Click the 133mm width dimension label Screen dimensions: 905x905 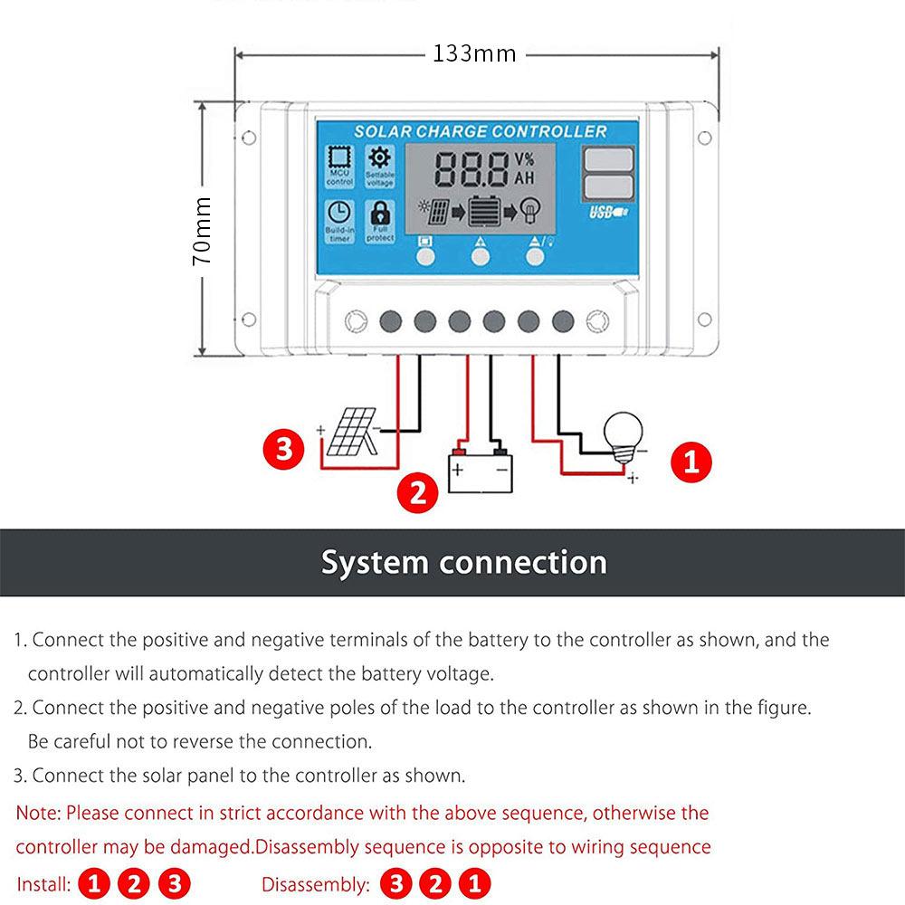click(x=473, y=53)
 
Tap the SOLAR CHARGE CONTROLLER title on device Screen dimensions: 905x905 click(x=480, y=131)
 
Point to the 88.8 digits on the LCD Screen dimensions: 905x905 click(x=472, y=169)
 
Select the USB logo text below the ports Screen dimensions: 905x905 click(x=606, y=213)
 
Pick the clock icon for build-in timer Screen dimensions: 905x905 click(x=339, y=213)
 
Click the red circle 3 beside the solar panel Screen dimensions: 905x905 click(x=284, y=449)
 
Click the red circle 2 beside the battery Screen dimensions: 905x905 click(x=418, y=493)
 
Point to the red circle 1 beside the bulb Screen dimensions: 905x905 click(x=691, y=462)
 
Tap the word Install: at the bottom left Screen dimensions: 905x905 click(x=43, y=884)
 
